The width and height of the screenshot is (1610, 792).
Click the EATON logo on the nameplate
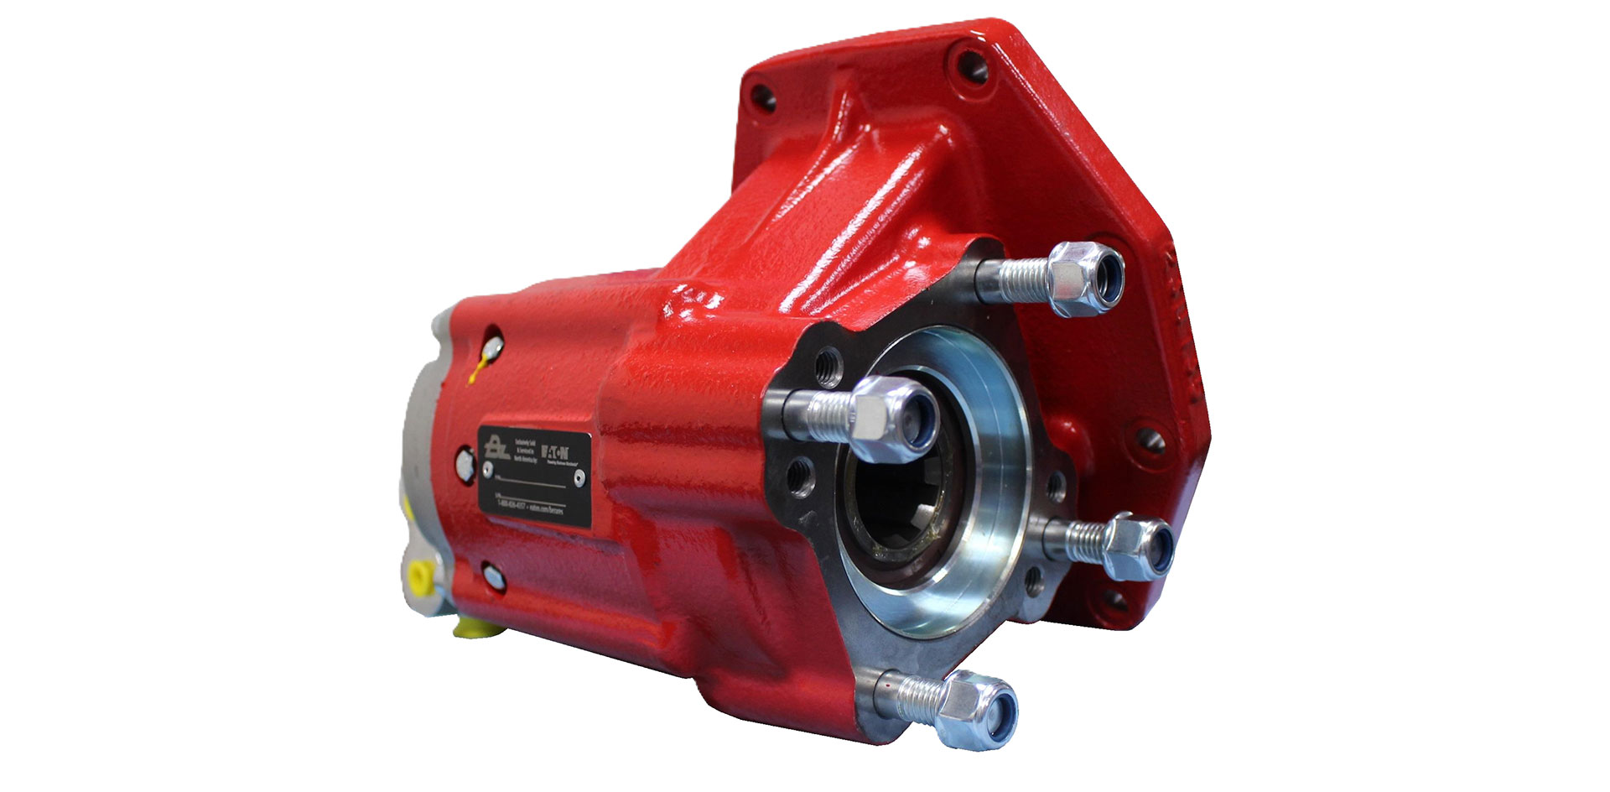[554, 446]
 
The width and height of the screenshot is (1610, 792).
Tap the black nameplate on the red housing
[534, 477]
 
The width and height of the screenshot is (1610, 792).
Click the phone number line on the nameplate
[512, 505]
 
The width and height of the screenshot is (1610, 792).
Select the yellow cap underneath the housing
[471, 626]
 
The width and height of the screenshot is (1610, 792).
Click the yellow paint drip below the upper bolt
[477, 369]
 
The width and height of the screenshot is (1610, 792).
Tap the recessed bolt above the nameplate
[494, 344]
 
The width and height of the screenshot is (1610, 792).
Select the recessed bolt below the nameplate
[493, 576]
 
